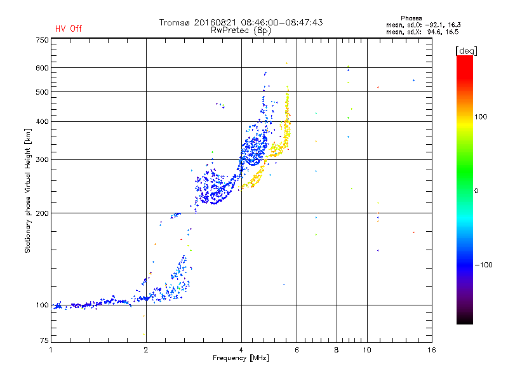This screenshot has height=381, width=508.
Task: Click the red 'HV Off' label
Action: (69, 29)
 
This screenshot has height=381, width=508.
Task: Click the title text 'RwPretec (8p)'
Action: (241, 30)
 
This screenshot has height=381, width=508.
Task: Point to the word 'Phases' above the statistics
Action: (411, 18)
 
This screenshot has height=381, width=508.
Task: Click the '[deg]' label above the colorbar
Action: (466, 51)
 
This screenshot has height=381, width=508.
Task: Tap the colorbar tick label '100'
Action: (481, 117)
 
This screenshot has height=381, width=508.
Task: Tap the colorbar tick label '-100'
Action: (483, 265)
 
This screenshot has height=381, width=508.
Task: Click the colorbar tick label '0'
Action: (476, 191)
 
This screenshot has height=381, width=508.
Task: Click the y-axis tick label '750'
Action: (42, 40)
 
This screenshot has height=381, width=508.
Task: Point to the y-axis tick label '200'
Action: (42, 213)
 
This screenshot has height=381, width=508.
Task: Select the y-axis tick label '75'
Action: (44, 340)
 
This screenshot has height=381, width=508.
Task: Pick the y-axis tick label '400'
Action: (42, 121)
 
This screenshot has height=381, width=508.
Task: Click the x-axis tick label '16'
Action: (432, 350)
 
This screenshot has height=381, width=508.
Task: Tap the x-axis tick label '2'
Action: (146, 350)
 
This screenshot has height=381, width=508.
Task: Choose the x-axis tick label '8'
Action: (337, 350)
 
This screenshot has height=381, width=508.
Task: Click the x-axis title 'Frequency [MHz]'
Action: (241, 358)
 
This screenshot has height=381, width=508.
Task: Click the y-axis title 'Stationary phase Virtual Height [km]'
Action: (28, 190)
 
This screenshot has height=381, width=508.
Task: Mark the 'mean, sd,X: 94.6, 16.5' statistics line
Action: (422, 32)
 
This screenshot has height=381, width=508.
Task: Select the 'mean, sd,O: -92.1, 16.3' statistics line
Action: (424, 25)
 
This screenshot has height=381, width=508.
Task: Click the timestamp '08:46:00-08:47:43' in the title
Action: (282, 22)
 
